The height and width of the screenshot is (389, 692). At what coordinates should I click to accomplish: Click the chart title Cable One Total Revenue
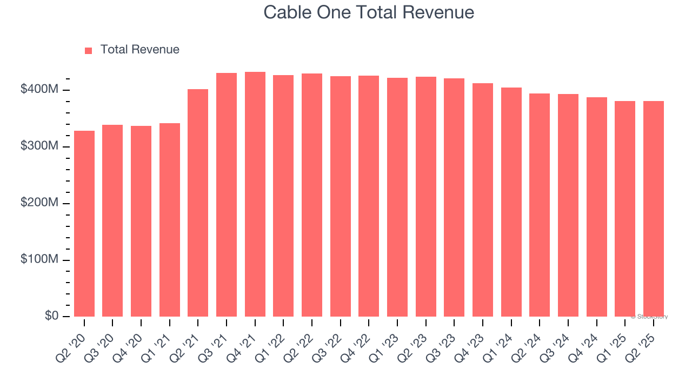click(x=369, y=12)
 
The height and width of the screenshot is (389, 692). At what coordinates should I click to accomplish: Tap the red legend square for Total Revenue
click(x=89, y=50)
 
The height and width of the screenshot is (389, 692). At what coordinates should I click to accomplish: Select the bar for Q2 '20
click(x=84, y=224)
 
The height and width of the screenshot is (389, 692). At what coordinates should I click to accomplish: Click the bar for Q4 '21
click(x=255, y=194)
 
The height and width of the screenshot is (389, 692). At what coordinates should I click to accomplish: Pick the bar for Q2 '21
click(x=198, y=203)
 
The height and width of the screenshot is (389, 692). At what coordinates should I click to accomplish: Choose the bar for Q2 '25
click(x=654, y=209)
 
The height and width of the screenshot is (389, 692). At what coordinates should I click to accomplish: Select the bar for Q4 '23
click(x=483, y=200)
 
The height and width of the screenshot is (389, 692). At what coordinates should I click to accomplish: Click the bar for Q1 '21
click(x=170, y=220)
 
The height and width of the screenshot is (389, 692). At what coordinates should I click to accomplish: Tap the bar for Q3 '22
click(x=341, y=197)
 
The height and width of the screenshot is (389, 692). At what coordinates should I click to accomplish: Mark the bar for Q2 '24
click(x=540, y=205)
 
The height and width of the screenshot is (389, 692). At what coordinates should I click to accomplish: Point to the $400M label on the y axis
click(x=39, y=90)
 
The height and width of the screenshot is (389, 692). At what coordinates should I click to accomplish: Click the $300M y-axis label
click(x=39, y=146)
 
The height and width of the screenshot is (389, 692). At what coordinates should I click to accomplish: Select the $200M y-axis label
click(x=39, y=203)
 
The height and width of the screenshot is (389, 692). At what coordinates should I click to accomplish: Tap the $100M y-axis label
click(x=39, y=260)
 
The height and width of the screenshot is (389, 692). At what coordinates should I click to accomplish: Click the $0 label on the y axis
click(x=52, y=316)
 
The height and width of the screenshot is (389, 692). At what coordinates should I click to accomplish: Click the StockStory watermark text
click(x=649, y=317)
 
